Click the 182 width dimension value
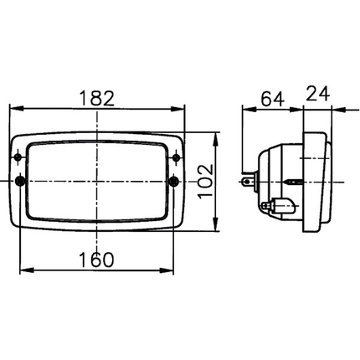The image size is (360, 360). click(97, 98)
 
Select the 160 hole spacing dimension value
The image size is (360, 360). click(96, 260)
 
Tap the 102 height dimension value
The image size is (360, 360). click(205, 182)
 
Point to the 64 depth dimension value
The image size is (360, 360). click(272, 98)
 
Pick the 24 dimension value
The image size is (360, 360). click(318, 94)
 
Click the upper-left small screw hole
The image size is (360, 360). click(18, 157)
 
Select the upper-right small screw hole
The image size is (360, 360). click(176, 157)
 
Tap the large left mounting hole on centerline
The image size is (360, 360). click(20, 182)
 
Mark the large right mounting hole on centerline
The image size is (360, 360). click(174, 182)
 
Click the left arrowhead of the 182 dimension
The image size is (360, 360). click(17, 109)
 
